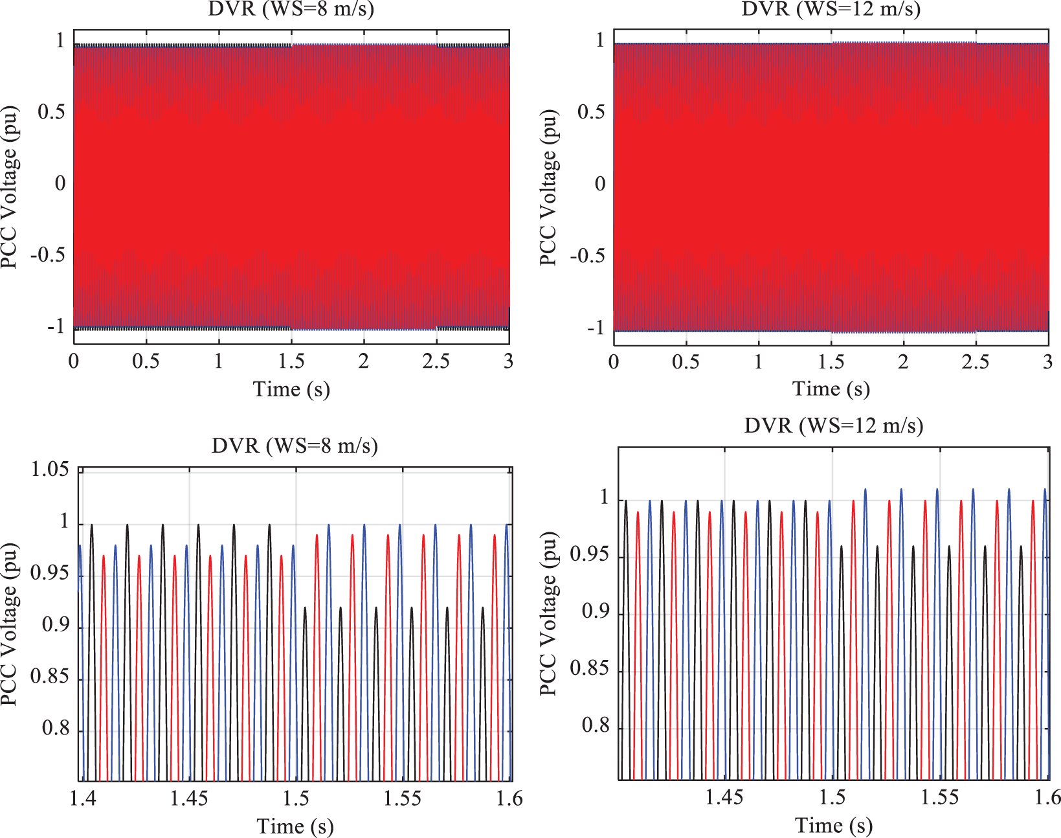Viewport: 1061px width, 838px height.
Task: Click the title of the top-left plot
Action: pyautogui.click(x=291, y=9)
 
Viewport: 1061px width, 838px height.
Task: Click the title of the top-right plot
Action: pyautogui.click(x=831, y=9)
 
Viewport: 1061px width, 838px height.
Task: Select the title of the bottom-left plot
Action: pyautogui.click(x=295, y=446)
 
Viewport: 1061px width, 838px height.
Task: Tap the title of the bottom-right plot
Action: pyautogui.click(x=833, y=425)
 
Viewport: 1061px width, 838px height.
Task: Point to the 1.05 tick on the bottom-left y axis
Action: pyautogui.click(x=50, y=470)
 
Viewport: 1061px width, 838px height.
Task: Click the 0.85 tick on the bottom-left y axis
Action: pyautogui.click(x=50, y=677)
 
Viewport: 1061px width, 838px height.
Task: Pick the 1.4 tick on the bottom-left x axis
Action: pyautogui.click(x=82, y=798)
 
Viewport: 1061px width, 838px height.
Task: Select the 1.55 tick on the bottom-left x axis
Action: pyautogui.click(x=402, y=798)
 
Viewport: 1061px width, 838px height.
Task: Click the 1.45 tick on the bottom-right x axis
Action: pyautogui.click(x=724, y=797)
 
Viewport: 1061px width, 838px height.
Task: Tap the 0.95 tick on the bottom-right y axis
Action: pyautogui.click(x=589, y=555)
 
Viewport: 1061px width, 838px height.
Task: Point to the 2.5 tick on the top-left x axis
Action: pyautogui.click(x=436, y=361)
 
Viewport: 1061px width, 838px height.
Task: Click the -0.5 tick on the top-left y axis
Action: pyautogui.click(x=48, y=255)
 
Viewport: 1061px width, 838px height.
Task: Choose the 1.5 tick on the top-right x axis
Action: pyautogui.click(x=831, y=361)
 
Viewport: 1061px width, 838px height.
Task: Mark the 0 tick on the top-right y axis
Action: pyautogui.click(x=600, y=184)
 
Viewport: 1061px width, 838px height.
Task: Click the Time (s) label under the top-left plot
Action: pyautogui.click(x=291, y=389)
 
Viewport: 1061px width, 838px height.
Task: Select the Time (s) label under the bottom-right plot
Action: pyautogui.click(x=833, y=825)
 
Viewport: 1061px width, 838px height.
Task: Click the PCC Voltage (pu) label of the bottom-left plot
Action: pyautogui.click(x=8, y=624)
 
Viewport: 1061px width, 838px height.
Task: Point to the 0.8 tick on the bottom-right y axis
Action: pyautogui.click(x=596, y=725)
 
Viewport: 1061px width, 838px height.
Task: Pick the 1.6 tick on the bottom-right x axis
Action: pyautogui.click(x=1047, y=797)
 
